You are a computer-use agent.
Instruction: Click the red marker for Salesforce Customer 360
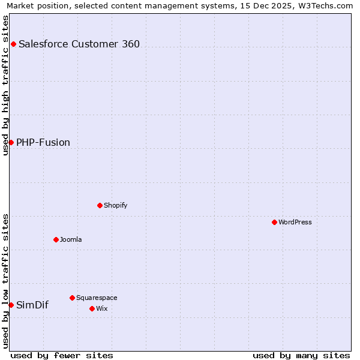(13, 44)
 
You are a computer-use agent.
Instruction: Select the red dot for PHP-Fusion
(11, 142)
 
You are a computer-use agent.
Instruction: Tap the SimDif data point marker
(11, 305)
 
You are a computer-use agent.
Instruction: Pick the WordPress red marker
(274, 222)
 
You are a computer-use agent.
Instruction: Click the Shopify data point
(100, 205)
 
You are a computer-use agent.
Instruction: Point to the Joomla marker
(56, 239)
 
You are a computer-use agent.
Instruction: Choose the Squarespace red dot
(72, 298)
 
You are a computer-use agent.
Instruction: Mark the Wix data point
(92, 308)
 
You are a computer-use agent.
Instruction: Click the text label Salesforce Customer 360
(79, 44)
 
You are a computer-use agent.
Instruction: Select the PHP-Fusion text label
(43, 142)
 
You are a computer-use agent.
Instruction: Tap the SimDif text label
(32, 305)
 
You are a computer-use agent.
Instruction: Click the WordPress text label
(295, 222)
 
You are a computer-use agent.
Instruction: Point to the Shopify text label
(116, 205)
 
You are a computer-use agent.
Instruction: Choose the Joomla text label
(71, 239)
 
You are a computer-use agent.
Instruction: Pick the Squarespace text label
(97, 298)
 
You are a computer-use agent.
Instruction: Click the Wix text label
(102, 308)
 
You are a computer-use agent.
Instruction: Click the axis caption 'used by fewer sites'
(62, 355)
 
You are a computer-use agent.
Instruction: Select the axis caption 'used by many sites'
(301, 355)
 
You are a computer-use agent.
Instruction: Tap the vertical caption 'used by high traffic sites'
(5, 85)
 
